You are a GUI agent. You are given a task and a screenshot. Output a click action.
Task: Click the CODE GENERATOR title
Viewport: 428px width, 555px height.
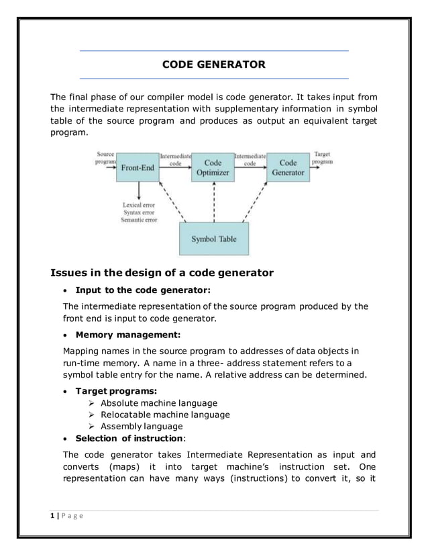[214, 65]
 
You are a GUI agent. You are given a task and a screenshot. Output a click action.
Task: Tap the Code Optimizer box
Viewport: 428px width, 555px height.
[213, 167]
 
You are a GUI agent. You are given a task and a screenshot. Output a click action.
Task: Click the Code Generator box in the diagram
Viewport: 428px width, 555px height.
[288, 167]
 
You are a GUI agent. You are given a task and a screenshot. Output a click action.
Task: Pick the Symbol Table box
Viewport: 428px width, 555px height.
[213, 239]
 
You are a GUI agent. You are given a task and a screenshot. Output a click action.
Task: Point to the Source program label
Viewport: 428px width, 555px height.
[105, 158]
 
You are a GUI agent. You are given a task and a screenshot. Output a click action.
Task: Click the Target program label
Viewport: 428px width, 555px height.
[323, 158]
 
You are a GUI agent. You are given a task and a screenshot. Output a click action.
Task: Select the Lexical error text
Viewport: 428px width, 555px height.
[139, 204]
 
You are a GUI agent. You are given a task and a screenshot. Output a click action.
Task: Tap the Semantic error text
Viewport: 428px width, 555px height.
[139, 220]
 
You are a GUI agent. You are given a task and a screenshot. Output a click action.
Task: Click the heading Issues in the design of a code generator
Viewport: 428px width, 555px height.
[162, 272]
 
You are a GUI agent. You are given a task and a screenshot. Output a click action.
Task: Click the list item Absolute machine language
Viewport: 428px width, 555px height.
[158, 403]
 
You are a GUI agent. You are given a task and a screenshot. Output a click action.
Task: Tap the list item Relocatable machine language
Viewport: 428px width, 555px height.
[165, 415]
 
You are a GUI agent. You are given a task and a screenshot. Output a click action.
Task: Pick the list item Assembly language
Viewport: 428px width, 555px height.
[142, 426]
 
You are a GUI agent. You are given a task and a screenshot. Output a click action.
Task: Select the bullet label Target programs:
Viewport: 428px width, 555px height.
[115, 391]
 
